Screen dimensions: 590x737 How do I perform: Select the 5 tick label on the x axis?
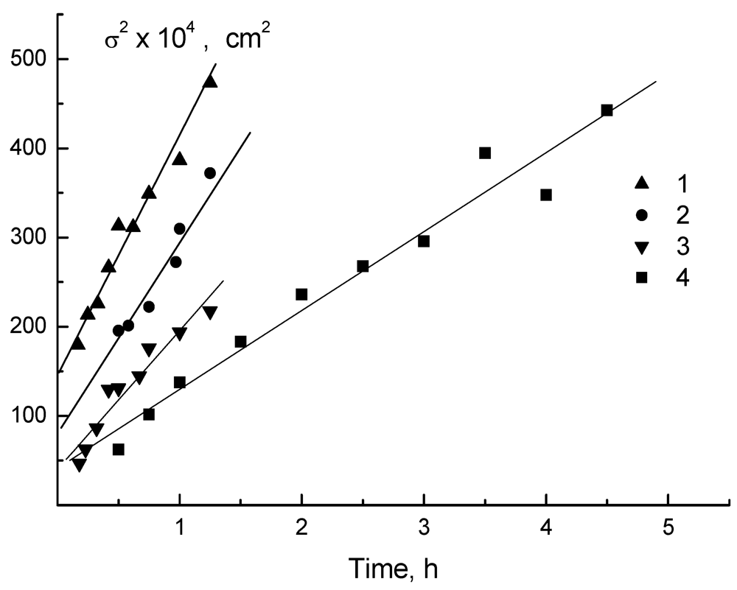click(x=668, y=529)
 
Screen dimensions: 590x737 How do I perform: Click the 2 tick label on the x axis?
click(x=301, y=529)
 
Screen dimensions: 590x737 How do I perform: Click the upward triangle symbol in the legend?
click(x=641, y=182)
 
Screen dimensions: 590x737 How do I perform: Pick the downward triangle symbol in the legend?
click(x=641, y=247)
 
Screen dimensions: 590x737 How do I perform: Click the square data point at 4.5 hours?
click(x=607, y=110)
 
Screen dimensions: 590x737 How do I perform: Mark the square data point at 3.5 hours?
click(x=485, y=153)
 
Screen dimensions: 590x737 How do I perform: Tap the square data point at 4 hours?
click(x=546, y=195)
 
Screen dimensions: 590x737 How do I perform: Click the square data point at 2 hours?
click(x=301, y=295)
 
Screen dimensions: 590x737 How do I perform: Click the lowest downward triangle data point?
click(x=79, y=465)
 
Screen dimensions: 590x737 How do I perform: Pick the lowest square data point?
click(x=118, y=449)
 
